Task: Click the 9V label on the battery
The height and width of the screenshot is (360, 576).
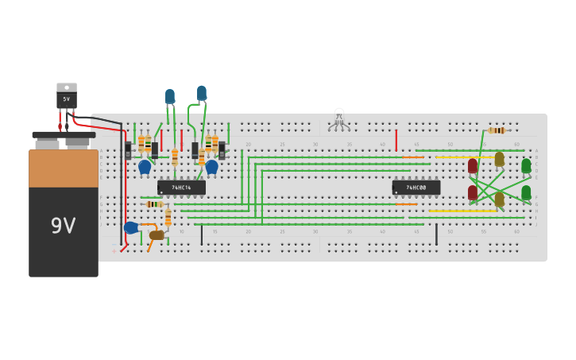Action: [63, 226]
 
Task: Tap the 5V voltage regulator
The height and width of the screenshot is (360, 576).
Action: [67, 96]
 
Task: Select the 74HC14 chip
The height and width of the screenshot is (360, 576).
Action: [181, 188]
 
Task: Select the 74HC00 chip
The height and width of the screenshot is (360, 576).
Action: [416, 188]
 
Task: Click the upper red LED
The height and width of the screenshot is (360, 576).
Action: [473, 165]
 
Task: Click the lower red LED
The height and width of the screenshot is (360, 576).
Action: [473, 192]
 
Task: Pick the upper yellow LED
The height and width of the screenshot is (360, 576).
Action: [499, 159]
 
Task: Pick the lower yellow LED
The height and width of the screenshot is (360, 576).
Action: [499, 199]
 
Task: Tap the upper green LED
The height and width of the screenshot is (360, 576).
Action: [526, 165]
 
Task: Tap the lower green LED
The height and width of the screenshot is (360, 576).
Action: [526, 192]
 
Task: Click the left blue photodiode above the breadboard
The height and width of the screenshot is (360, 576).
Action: [169, 96]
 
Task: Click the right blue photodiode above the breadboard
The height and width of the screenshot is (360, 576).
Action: [202, 93]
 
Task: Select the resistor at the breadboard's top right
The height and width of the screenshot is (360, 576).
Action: [497, 130]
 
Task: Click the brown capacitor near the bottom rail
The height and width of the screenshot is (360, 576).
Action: [157, 235]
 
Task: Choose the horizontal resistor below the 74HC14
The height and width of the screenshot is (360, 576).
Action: [154, 204]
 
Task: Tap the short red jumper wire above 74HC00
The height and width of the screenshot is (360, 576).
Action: [396, 141]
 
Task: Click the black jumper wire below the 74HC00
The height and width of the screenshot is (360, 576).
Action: [436, 234]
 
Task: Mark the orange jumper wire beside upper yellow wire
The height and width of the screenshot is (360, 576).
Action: [412, 157]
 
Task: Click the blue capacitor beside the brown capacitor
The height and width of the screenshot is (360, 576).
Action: [131, 228]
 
